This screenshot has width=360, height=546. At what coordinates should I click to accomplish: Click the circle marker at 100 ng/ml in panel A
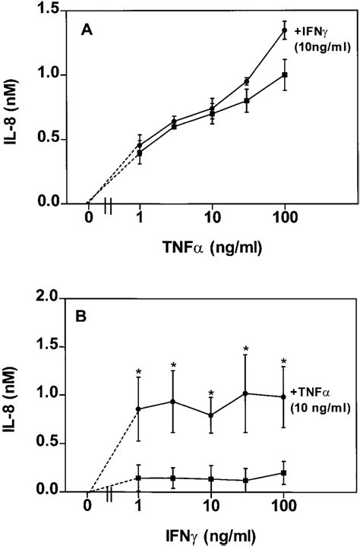(284, 31)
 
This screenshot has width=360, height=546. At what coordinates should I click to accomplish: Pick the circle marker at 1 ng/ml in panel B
(139, 409)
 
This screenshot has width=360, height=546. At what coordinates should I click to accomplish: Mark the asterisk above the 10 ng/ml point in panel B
(211, 393)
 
